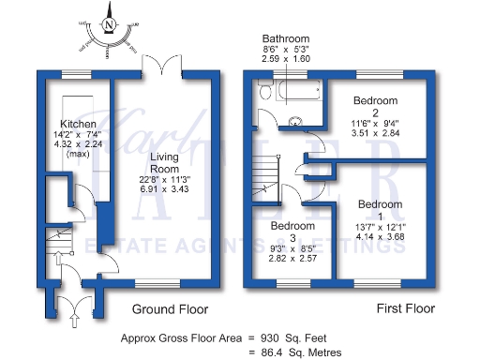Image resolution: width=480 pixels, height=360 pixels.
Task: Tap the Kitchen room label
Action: point(79,125)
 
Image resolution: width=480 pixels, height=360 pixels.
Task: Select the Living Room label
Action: point(167,151)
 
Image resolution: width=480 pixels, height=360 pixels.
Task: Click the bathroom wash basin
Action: point(297,120)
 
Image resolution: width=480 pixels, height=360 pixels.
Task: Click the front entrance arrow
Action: point(73,320)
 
